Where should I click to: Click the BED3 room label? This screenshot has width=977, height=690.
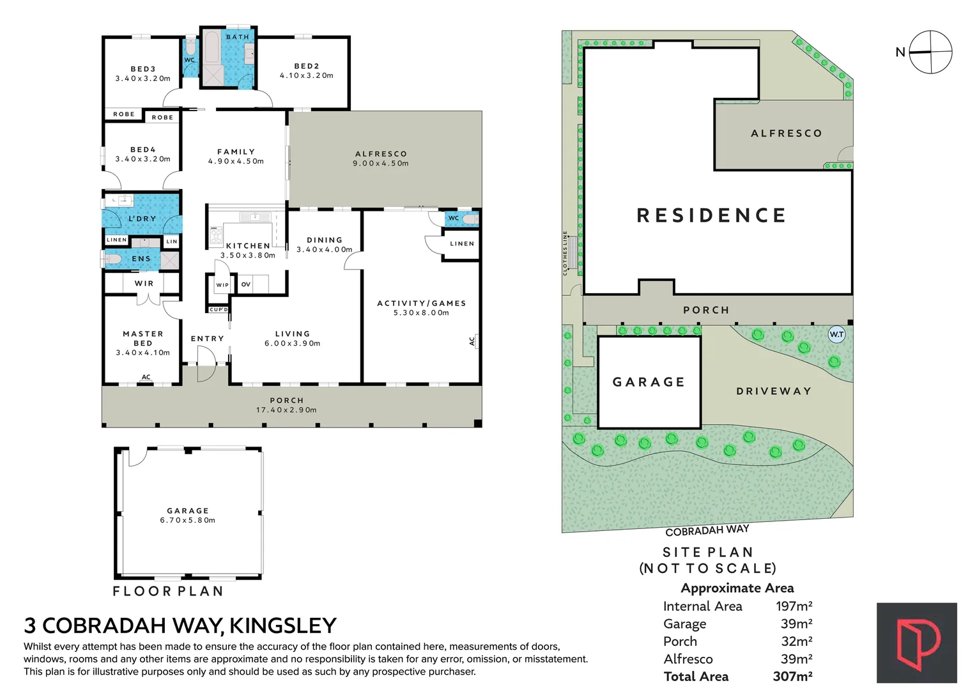(x=143, y=69)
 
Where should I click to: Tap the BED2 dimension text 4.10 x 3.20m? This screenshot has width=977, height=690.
(x=307, y=75)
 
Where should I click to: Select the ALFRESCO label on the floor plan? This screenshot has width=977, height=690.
(x=381, y=154)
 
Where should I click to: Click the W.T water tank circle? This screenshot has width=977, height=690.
(x=836, y=335)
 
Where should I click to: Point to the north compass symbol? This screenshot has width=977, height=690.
(x=931, y=52)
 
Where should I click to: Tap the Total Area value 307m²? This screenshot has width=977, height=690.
(x=792, y=676)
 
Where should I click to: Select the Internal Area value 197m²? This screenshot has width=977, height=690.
(x=794, y=606)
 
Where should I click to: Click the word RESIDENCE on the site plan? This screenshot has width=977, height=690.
(x=711, y=215)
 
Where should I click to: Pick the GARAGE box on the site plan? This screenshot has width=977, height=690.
(x=649, y=382)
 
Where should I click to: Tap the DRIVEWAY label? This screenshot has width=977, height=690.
(x=774, y=391)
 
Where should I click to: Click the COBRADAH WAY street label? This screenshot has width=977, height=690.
(x=707, y=531)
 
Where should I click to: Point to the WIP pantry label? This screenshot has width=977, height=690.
(x=222, y=285)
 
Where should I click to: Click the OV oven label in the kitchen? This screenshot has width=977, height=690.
(x=246, y=284)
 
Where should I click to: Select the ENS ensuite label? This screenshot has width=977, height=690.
(x=141, y=259)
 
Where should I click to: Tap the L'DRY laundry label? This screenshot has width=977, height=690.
(x=142, y=218)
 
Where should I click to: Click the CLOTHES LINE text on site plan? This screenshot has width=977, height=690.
(x=565, y=253)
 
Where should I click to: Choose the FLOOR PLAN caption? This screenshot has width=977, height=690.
(x=168, y=591)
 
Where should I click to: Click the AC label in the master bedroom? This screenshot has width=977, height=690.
(x=146, y=377)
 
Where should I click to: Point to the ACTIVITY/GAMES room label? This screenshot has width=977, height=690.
(x=422, y=303)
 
